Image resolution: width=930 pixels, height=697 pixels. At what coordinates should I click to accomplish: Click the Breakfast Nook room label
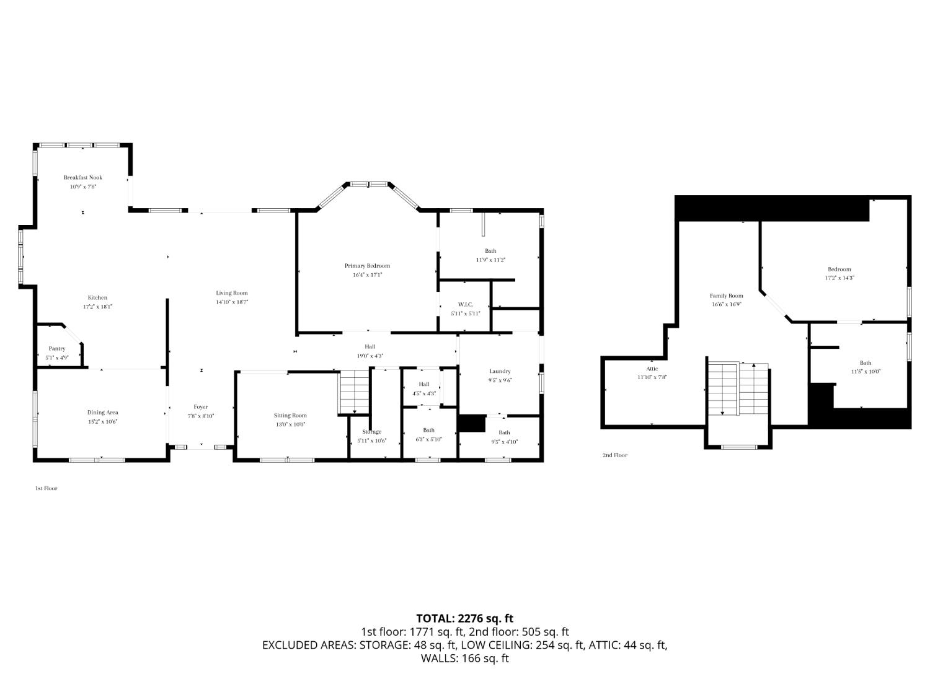tap(82, 178)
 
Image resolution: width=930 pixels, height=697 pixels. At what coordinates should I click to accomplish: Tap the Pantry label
tap(57, 349)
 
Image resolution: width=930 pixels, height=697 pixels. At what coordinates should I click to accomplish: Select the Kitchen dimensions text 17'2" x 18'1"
tap(97, 307)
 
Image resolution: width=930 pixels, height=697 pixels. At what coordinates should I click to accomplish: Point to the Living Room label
tap(231, 293)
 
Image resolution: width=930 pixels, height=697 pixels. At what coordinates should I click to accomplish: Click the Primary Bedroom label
tap(367, 266)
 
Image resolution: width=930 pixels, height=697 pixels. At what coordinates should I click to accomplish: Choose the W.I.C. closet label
tap(465, 304)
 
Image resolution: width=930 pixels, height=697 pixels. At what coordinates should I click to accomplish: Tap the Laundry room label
tap(500, 371)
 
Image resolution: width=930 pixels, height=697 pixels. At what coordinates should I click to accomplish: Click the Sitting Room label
tap(290, 416)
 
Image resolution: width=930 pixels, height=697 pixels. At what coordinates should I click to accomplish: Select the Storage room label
tap(372, 432)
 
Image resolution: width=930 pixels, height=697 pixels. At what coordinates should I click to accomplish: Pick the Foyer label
tap(200, 407)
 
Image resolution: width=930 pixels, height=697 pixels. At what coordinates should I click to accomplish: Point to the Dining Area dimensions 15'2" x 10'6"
tap(102, 421)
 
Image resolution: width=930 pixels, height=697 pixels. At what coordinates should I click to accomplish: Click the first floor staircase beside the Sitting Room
tap(354, 392)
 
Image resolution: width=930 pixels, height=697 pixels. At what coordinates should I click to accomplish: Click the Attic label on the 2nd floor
tap(652, 369)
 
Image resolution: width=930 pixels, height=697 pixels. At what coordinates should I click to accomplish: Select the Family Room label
tap(726, 296)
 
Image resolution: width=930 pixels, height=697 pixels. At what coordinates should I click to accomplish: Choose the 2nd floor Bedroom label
tap(839, 270)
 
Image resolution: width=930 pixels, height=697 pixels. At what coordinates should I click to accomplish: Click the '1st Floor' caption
tap(46, 488)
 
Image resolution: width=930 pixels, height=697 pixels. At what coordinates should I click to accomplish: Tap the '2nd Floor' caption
tap(614, 455)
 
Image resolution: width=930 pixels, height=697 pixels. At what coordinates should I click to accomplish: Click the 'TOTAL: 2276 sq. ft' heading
tap(464, 618)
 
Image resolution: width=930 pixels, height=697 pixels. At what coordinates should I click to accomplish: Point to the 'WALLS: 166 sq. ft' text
tap(464, 659)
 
